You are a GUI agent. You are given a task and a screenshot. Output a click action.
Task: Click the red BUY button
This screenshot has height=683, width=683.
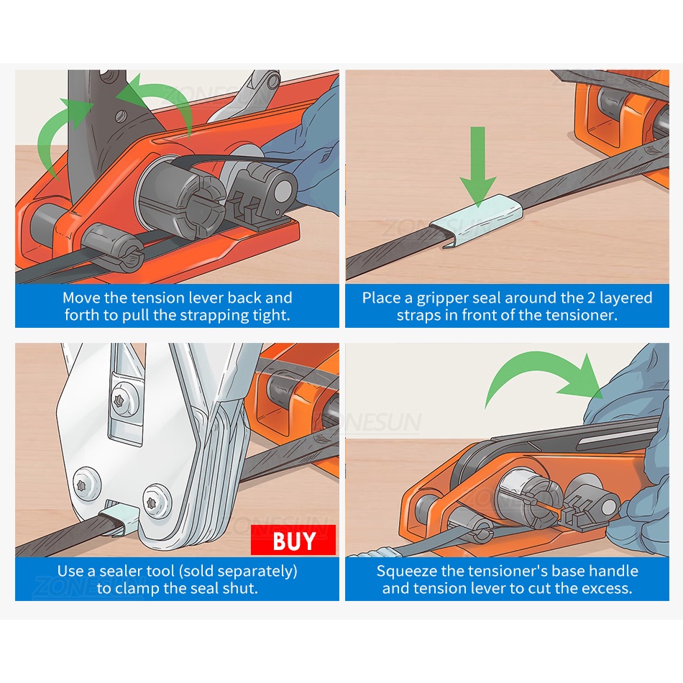293,540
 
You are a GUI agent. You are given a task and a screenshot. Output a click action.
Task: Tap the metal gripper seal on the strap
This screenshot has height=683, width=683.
477,221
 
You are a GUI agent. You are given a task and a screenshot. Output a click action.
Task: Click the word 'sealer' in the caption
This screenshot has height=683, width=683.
123,571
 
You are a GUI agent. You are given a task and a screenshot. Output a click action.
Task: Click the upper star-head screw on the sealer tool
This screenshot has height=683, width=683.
120,400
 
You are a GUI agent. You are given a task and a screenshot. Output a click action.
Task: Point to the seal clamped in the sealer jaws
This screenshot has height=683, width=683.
119,518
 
